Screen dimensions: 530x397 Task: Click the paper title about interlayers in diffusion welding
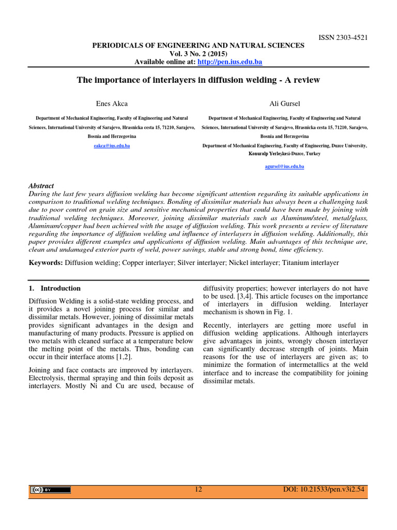pyautogui.click(x=198, y=80)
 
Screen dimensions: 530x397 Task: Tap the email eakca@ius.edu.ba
pyautogui.click(x=112, y=146)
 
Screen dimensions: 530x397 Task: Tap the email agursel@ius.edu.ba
pyautogui.click(x=284, y=167)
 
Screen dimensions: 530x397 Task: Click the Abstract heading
pyautogui.click(x=41, y=186)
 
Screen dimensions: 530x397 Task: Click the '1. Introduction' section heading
pyautogui.click(x=55, y=288)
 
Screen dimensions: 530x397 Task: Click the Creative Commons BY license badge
pyautogui.click(x=50, y=490)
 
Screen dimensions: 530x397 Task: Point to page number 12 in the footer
pyautogui.click(x=198, y=490)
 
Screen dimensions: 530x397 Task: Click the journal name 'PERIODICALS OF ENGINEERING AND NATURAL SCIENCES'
pyautogui.click(x=198, y=46)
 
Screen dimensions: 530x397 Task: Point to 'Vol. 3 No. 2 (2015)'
pyautogui.click(x=198, y=54)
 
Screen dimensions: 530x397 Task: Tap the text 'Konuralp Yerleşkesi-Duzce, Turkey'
pyautogui.click(x=284, y=154)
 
